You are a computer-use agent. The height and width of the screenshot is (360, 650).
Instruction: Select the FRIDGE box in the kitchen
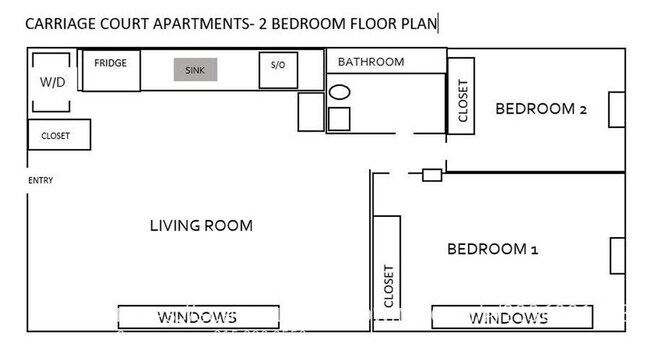[110, 69]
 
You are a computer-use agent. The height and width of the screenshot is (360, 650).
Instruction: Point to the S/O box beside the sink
[277, 68]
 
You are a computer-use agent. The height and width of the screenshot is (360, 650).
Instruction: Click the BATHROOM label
[370, 62]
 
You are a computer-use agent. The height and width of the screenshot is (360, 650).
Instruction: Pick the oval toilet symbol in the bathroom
[339, 92]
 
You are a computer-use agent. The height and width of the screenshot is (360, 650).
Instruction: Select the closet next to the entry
[58, 135]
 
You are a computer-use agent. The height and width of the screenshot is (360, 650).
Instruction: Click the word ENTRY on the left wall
[40, 181]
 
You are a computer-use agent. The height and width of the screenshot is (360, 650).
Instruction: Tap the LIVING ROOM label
[201, 225]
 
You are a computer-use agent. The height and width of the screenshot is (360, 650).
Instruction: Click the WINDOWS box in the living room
[196, 317]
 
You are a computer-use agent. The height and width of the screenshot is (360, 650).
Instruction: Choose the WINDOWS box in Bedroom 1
[508, 317]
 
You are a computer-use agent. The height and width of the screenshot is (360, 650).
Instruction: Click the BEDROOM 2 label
[541, 109]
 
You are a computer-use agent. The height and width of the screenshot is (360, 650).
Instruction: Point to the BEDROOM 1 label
[492, 249]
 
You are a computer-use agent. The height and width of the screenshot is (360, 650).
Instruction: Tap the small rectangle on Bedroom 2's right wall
[617, 110]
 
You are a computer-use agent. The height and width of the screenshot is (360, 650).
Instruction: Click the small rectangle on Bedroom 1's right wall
[617, 255]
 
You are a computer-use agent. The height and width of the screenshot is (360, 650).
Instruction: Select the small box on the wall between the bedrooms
[432, 175]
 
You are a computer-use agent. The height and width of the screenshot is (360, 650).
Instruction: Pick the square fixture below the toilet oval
[340, 119]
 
